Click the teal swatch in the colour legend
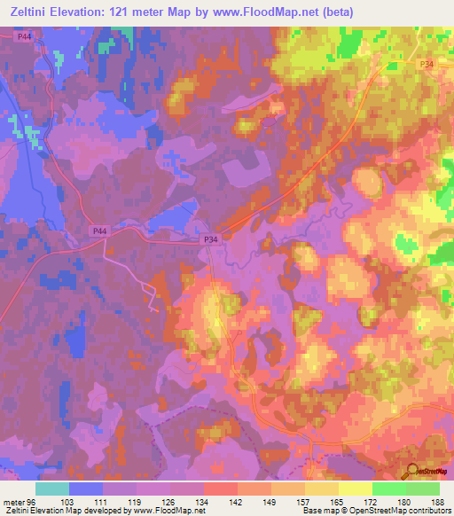(x=52, y=489)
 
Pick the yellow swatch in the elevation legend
(x=356, y=489)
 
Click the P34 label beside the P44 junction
(x=210, y=238)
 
